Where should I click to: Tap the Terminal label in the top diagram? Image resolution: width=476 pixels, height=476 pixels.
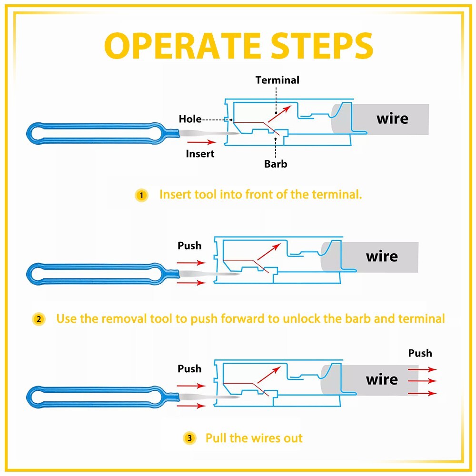(x=278, y=80)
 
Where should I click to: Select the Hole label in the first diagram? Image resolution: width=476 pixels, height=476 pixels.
(x=190, y=119)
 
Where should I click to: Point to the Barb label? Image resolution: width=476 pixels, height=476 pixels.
(x=276, y=164)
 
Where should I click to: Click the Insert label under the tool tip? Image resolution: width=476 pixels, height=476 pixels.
(x=200, y=154)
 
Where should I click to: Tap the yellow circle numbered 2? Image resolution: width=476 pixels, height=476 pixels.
(x=39, y=319)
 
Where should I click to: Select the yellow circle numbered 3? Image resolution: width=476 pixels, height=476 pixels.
(x=189, y=438)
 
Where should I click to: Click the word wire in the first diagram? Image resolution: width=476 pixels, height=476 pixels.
(x=392, y=118)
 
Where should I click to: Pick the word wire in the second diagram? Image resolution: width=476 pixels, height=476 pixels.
(x=382, y=257)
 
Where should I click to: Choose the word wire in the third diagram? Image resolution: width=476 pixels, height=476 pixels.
(x=382, y=379)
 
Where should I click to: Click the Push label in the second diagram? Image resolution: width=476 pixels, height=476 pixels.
(x=189, y=246)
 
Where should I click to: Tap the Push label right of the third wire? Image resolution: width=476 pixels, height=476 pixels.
(x=420, y=353)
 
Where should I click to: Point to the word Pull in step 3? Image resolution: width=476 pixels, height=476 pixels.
(x=216, y=438)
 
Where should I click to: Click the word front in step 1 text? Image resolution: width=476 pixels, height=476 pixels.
(x=259, y=195)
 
